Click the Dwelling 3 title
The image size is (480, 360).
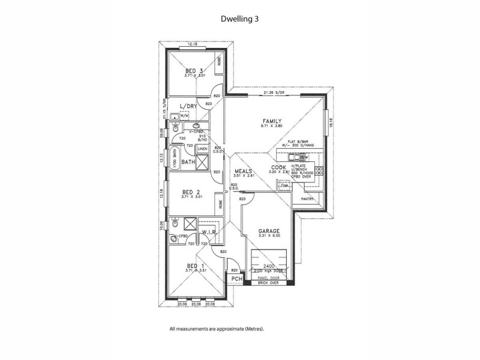coord(239,19)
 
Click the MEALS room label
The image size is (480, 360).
coord(243,170)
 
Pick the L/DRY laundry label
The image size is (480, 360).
coord(188,106)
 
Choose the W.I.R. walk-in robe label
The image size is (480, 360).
coord(208,232)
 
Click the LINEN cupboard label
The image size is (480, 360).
coord(202,148)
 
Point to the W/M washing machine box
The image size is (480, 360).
coord(184,116)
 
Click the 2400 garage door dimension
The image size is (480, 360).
coord(268,265)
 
